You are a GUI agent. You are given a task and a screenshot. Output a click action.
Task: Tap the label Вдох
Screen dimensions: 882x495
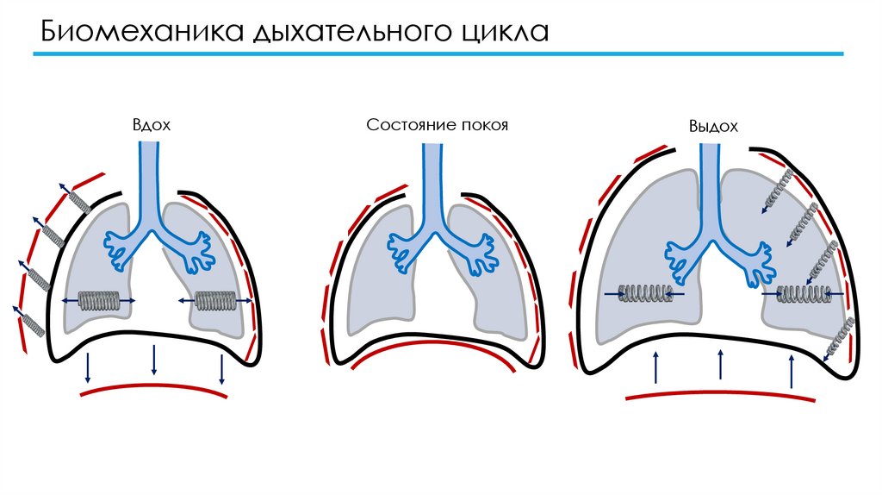[x=152, y=125]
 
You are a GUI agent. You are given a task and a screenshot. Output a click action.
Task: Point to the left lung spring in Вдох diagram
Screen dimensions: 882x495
[x=98, y=300]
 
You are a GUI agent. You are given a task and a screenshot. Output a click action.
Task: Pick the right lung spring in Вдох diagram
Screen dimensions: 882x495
[x=214, y=300]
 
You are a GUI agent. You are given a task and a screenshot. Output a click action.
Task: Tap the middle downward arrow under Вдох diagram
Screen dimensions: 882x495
[x=153, y=360]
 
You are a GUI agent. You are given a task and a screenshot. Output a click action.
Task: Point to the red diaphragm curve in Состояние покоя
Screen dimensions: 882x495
[x=435, y=354]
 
